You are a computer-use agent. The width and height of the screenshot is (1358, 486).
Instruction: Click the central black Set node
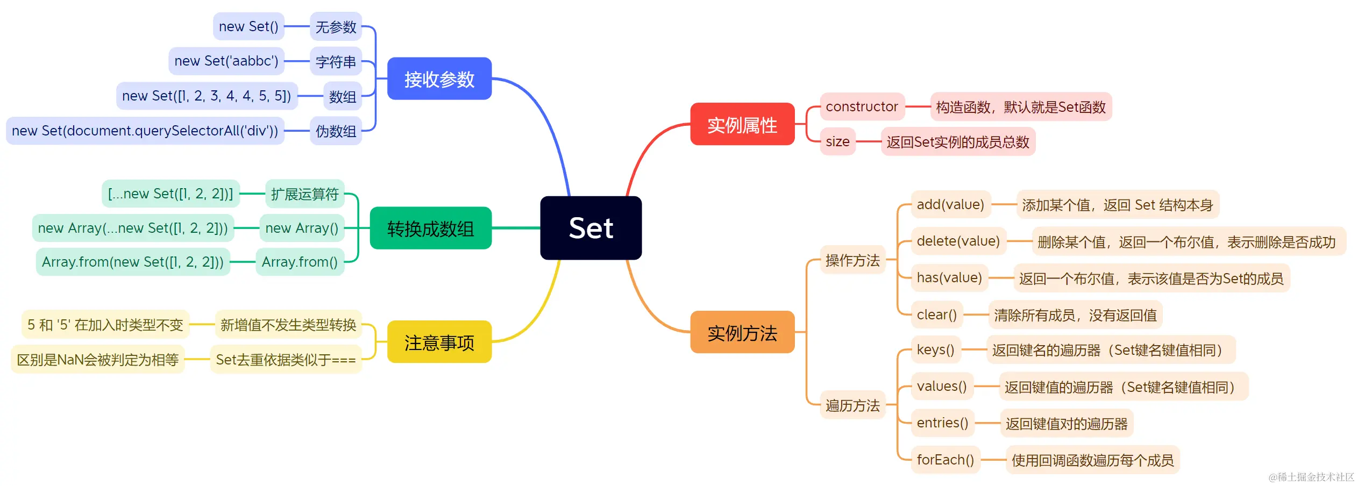(x=591, y=228)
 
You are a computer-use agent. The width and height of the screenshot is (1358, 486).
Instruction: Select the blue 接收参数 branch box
(x=439, y=79)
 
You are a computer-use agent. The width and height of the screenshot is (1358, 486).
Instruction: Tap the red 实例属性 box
(x=742, y=124)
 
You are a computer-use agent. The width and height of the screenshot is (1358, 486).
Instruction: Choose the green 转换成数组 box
(x=430, y=228)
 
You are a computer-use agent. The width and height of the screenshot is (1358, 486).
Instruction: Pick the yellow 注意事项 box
(x=439, y=342)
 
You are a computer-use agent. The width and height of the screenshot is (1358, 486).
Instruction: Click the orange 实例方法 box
(x=742, y=332)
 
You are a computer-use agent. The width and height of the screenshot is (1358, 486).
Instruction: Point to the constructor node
(x=862, y=106)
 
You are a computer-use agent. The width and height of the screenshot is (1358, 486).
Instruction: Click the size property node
(x=837, y=141)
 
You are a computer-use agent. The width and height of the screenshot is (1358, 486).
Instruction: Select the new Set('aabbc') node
(x=226, y=61)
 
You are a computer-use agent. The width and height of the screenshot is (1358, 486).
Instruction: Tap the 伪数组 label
(x=336, y=131)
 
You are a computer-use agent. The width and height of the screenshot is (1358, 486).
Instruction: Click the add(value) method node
(x=950, y=204)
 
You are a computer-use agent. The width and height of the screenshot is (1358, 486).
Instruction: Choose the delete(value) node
(x=958, y=241)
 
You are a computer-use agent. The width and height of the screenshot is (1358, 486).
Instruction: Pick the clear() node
(x=936, y=315)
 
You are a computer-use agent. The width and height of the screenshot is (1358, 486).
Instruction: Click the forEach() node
(x=945, y=460)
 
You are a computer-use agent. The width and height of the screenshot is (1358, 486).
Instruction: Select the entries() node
(x=942, y=423)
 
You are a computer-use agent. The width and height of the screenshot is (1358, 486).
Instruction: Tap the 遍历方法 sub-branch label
(x=852, y=405)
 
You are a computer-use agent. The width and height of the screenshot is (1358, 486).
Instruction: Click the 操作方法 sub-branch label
(x=852, y=260)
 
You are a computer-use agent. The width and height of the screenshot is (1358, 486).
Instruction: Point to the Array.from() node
(x=300, y=262)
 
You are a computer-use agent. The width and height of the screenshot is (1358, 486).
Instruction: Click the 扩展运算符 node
(x=304, y=194)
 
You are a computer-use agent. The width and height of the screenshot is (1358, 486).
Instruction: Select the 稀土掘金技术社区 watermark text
(x=1311, y=476)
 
